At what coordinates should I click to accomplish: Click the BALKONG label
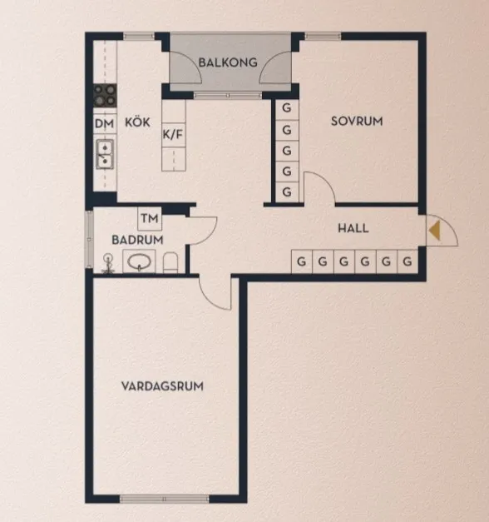coord(227,62)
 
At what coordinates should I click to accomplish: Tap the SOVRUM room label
coord(357,121)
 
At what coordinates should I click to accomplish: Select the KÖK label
coord(137,122)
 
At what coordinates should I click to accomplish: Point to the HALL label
coord(353,228)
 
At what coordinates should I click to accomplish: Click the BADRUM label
coord(136,240)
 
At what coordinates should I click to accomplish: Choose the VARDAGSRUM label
coord(162,386)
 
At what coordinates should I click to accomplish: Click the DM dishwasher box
coord(104,124)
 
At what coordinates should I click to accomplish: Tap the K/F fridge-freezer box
coord(173,133)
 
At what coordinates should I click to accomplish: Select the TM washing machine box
coord(150,219)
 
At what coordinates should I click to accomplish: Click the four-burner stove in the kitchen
coord(105,96)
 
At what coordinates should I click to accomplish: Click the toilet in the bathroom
coord(171,263)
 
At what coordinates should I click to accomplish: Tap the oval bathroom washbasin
coord(140,262)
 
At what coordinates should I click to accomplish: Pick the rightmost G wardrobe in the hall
coord(407,261)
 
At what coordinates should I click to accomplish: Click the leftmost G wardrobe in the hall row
coord(300,261)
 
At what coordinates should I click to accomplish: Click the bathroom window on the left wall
coord(89,241)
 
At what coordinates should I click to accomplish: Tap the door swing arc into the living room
coord(215,292)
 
